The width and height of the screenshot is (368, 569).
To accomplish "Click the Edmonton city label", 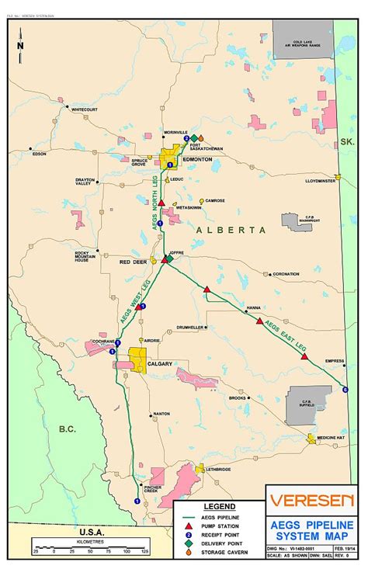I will [x=197, y=159].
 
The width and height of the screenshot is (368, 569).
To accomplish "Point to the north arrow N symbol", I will [x=21, y=45].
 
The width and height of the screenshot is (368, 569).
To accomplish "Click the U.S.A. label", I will [x=91, y=532].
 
